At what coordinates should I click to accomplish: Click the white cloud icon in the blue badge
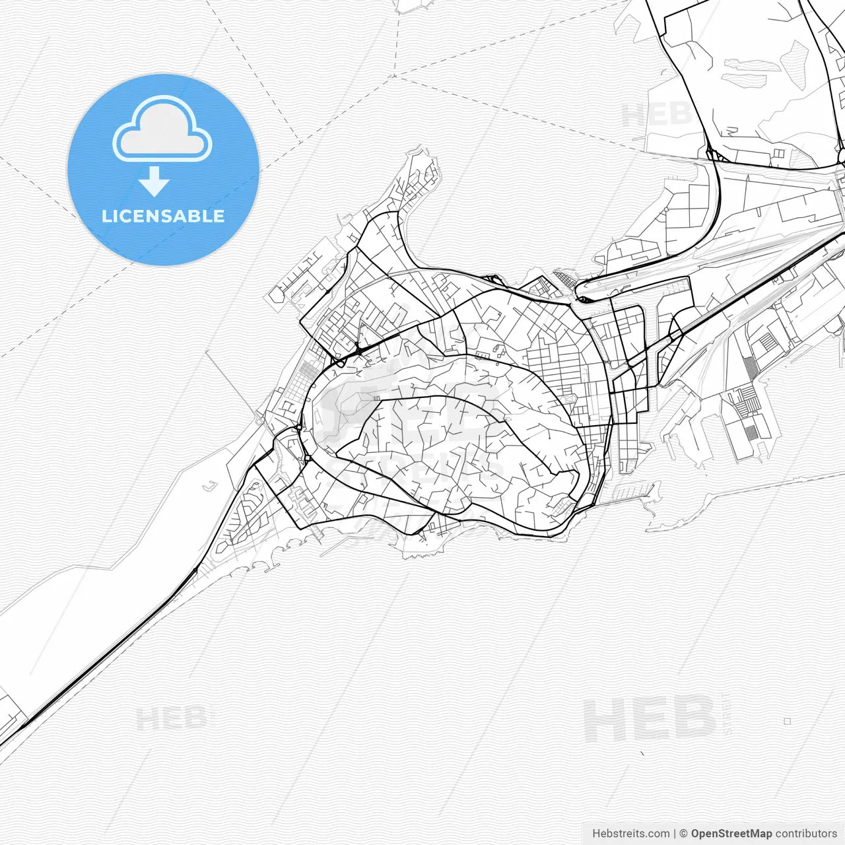pos(162,129)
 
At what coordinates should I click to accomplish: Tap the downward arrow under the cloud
pos(154,182)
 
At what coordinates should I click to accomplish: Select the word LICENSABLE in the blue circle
pos(163,216)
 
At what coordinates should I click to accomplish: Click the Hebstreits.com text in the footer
pos(630,834)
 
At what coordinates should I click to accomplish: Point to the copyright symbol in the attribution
pos(684,834)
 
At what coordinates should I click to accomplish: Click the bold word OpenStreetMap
pos(731,834)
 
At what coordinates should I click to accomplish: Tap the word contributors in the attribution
pos(806,834)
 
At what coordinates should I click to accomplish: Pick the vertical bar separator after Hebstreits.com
pos(675,834)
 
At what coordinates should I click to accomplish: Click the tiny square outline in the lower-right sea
pos(787,722)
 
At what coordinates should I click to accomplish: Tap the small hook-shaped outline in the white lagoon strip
pos(211,487)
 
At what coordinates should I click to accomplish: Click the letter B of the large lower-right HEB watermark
pos(694,719)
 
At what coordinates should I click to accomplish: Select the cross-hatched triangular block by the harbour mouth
pos(565,278)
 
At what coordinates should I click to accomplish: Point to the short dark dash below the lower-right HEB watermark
pos(642,753)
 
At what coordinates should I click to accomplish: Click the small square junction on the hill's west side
pos(308,458)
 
